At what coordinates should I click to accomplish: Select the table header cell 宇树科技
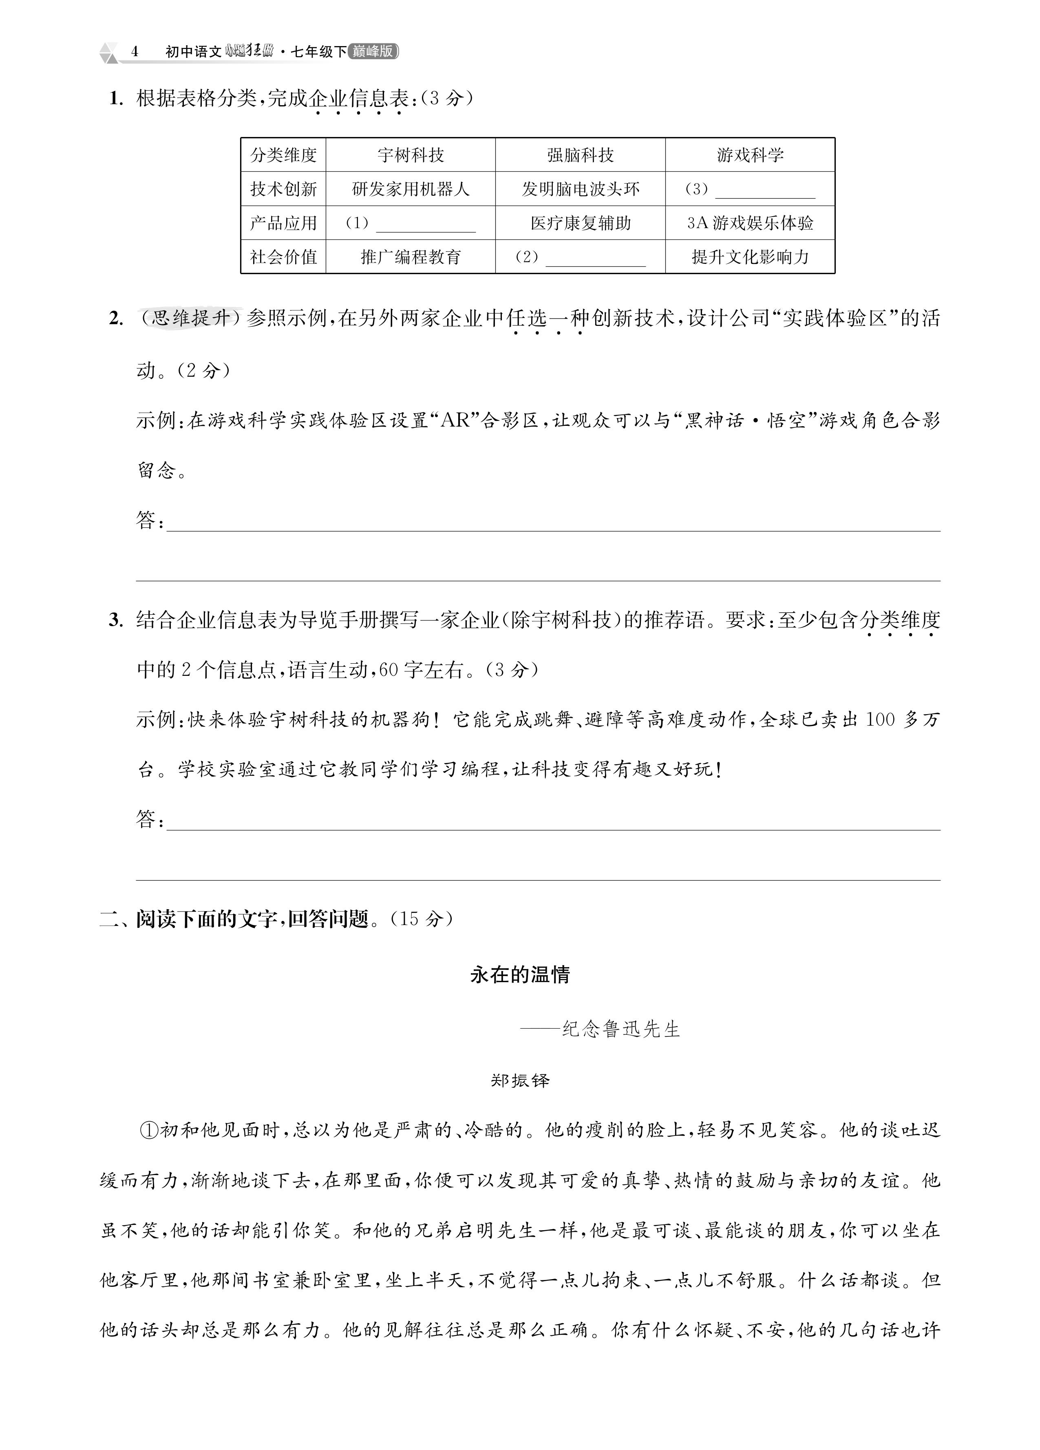click(x=411, y=155)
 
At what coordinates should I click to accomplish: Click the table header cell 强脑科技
click(x=580, y=155)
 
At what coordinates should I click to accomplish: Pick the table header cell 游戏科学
click(x=750, y=155)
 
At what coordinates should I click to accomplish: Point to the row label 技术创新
click(x=283, y=188)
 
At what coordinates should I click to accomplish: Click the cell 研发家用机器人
click(x=411, y=188)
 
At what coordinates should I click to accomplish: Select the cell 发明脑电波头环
click(x=580, y=188)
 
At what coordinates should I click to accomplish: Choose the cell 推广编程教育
click(x=411, y=257)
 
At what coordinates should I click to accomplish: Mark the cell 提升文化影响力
click(x=750, y=257)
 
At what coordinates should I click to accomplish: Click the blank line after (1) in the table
click(x=426, y=226)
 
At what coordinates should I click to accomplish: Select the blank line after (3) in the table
click(x=765, y=193)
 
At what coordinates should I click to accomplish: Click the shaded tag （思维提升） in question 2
click(x=190, y=318)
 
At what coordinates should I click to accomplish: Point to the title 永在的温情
click(x=520, y=974)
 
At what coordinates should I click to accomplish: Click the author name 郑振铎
click(x=520, y=1080)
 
